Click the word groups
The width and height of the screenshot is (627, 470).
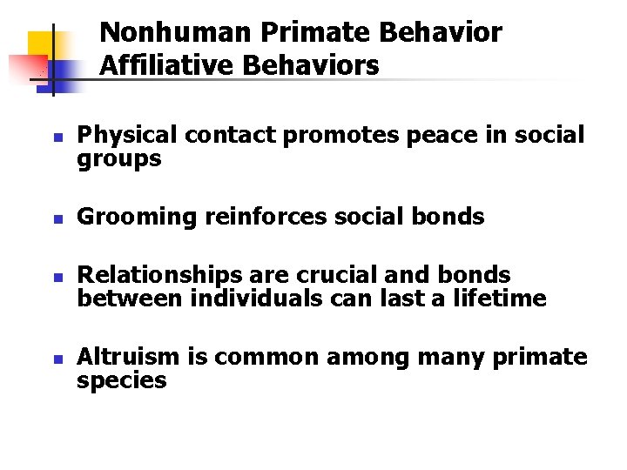point(119,159)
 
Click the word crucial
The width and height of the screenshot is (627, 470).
point(331,276)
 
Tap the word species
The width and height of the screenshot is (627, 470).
point(122,380)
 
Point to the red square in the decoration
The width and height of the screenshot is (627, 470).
point(26,65)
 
